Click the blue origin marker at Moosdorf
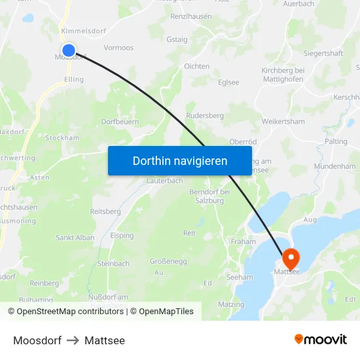click(69, 50)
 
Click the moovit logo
click(320, 339)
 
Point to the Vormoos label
click(118, 48)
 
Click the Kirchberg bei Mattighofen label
click(283, 75)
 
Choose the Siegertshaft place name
click(323, 53)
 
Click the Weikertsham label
click(283, 122)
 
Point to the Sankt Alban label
click(75, 238)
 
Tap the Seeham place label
click(239, 277)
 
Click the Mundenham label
click(334, 166)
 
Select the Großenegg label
click(168, 261)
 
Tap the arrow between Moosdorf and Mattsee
click(73, 340)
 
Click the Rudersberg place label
click(205, 115)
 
